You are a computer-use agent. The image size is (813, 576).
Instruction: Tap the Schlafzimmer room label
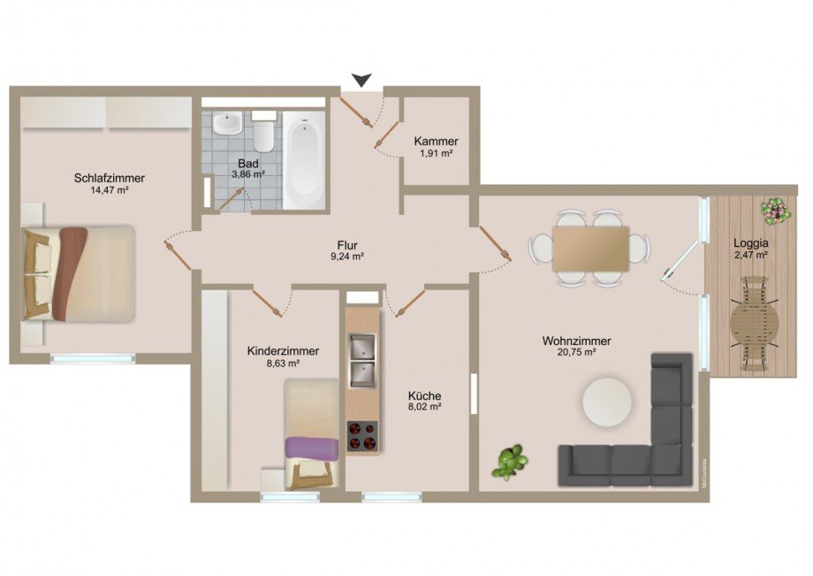110,178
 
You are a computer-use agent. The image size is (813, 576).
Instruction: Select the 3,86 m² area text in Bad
248,175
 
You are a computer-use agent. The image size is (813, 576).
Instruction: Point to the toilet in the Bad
263,134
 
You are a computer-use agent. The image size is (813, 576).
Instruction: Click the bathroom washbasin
226,125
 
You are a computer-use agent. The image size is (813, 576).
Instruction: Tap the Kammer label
436,142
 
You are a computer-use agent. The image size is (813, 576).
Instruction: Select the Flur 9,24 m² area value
346,257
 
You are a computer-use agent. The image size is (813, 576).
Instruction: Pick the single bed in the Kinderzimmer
311,434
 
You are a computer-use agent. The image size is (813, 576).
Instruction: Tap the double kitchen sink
362,361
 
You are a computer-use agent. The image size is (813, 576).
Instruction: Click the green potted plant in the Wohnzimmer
509,461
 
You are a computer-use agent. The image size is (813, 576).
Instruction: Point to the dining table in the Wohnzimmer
590,249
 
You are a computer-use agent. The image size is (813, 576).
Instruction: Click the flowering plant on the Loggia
775,211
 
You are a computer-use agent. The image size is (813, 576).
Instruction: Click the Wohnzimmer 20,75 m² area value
577,352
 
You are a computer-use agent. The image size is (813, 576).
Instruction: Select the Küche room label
424,396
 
